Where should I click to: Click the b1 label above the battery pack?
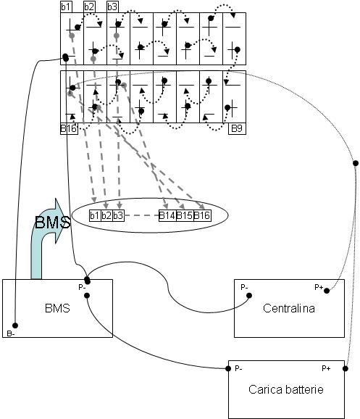click(x=66, y=7)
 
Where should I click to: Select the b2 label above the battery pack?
click(x=90, y=7)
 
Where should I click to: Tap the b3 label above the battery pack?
click(x=113, y=7)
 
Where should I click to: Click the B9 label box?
click(x=237, y=128)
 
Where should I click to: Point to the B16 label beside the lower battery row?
click(x=69, y=128)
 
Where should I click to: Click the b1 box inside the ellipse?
click(x=95, y=215)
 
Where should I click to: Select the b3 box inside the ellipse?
click(x=118, y=215)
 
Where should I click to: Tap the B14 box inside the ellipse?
click(x=167, y=215)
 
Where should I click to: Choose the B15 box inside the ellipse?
click(x=185, y=215)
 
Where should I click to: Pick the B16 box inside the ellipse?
click(x=202, y=215)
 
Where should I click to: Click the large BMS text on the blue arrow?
click(x=53, y=222)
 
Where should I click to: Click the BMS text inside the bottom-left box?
click(x=57, y=308)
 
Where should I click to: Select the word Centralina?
click(x=289, y=308)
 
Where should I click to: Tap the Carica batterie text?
click(x=286, y=389)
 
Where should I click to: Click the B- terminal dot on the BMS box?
click(x=15, y=325)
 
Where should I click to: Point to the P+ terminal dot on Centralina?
click(x=327, y=291)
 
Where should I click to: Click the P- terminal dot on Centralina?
click(x=249, y=296)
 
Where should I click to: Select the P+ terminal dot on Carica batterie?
click(x=346, y=369)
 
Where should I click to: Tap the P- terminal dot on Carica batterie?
click(x=228, y=369)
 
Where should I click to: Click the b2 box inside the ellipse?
click(x=106, y=215)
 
